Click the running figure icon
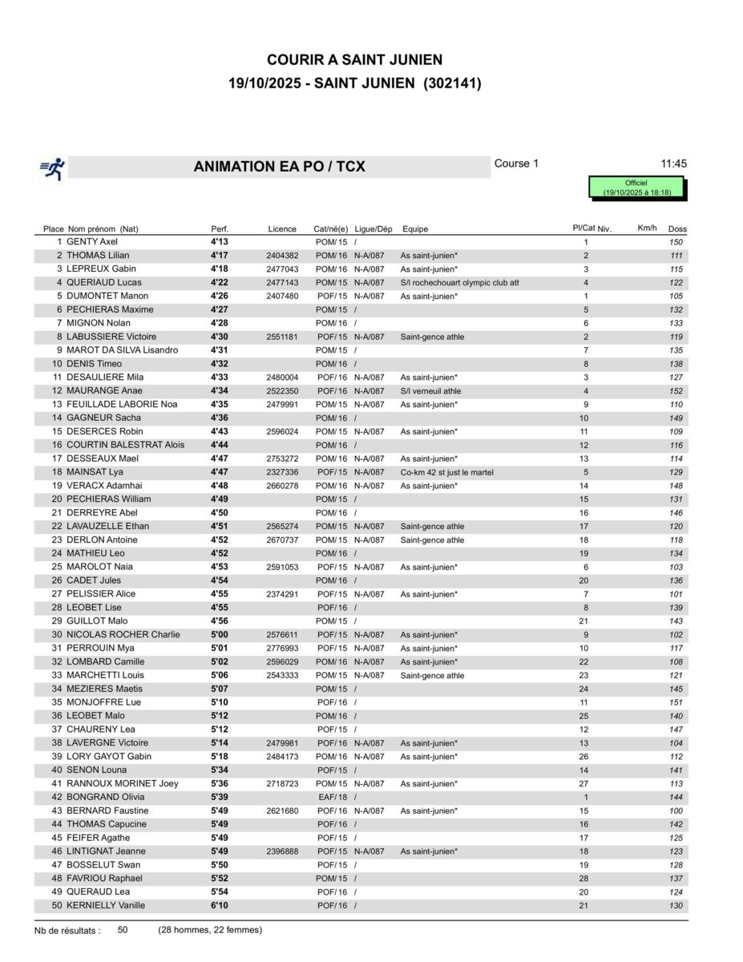coord(53,168)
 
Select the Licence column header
coord(282,229)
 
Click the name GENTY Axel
coord(92,242)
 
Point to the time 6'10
coord(220,906)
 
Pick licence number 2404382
coord(282,256)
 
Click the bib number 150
coord(676,242)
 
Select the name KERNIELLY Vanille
coord(106,906)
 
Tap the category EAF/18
coord(332,798)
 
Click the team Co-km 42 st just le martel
coord(446,473)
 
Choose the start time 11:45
coord(673,164)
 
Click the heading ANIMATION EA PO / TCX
coord(279,167)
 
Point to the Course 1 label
coord(516,164)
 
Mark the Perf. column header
coord(220,229)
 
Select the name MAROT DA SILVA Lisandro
coord(123,350)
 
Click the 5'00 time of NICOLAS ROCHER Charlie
coord(220,635)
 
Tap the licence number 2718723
coord(282,784)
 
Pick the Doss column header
coord(677,229)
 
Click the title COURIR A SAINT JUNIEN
coord(354,60)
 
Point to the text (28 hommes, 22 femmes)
coord(210,930)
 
